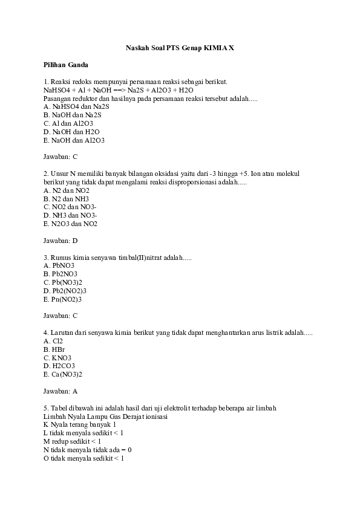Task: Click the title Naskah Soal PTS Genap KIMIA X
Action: [180, 47]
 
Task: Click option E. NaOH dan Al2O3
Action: [74, 140]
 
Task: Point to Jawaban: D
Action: [61, 241]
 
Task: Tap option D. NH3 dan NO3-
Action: [71, 215]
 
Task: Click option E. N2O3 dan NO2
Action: [71, 224]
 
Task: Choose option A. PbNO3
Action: [59, 265]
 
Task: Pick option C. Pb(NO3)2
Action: [63, 282]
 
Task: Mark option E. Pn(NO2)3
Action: [63, 299]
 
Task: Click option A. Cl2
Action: [53, 341]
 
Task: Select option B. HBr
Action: [54, 349]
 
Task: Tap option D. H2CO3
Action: [59, 366]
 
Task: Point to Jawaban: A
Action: [61, 391]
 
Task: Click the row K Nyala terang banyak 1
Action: [80, 425]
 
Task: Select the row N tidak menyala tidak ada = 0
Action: [88, 450]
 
